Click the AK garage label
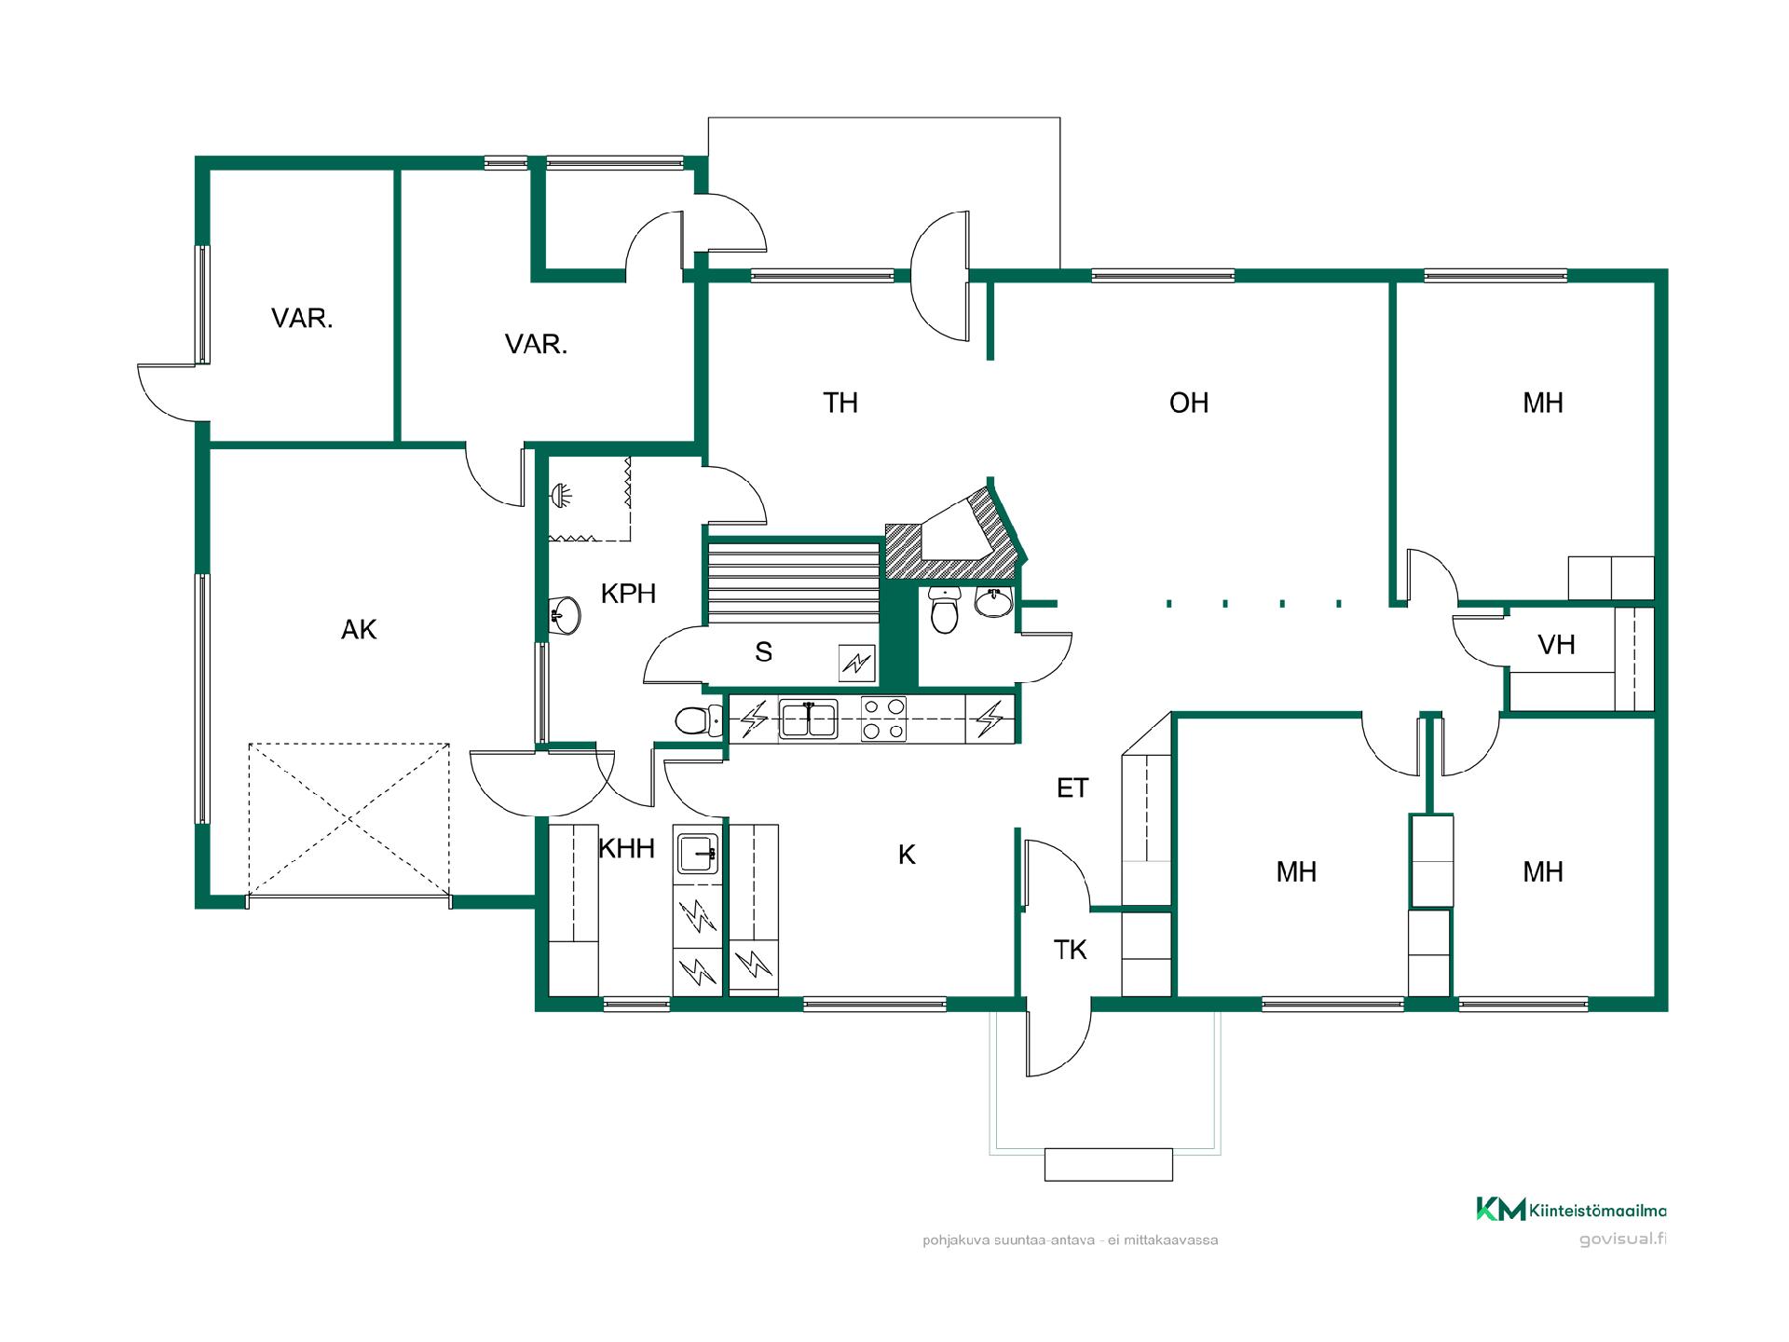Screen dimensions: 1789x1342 359,630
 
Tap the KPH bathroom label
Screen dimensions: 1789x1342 628,594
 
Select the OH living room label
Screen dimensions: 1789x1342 1189,403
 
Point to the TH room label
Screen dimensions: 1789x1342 840,403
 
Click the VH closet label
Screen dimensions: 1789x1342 1556,644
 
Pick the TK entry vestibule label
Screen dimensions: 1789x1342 1071,950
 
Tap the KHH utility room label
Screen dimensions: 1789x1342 626,849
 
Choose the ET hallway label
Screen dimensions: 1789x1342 1072,788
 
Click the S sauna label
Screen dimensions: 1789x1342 764,652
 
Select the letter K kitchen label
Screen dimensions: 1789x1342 907,855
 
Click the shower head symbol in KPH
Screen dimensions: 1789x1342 561,495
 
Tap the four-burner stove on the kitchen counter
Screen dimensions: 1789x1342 883,719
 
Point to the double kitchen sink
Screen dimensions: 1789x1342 808,719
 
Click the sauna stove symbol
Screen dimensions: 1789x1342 857,663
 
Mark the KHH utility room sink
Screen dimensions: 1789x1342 697,852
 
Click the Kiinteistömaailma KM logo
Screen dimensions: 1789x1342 1571,1210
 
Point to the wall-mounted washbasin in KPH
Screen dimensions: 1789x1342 565,613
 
